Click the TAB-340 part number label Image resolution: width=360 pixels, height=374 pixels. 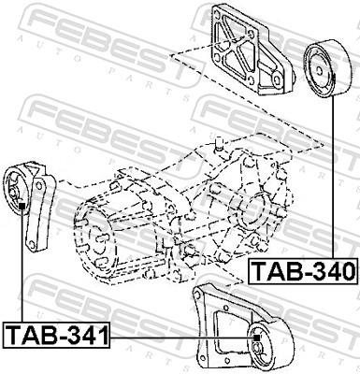pos(303,272)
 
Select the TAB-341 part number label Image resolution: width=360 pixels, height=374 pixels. pos(56,334)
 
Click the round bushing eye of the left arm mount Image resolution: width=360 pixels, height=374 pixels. pos(21,193)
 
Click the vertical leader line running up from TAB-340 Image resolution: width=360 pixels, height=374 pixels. pos(335,187)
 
